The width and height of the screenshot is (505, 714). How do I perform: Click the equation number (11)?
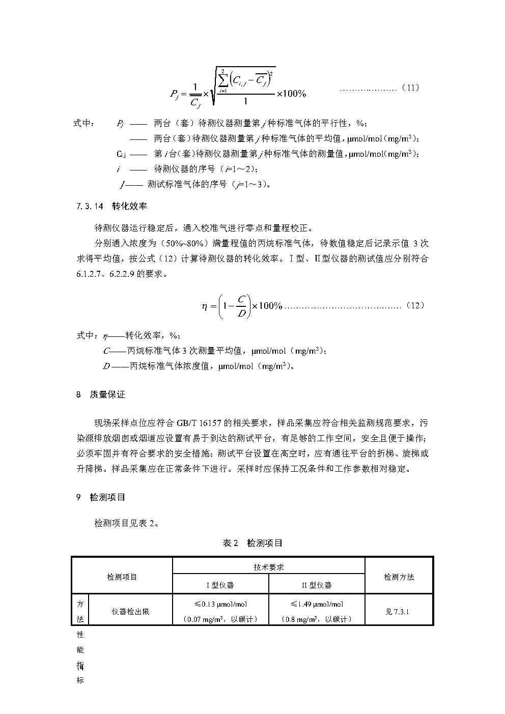click(410, 88)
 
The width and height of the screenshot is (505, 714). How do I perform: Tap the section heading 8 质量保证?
click(100, 394)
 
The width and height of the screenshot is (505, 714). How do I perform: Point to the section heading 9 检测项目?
click(100, 497)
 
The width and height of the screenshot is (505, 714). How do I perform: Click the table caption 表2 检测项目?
click(252, 543)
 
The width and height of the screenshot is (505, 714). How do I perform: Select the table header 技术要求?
click(268, 566)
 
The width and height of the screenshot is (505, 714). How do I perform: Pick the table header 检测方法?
click(399, 577)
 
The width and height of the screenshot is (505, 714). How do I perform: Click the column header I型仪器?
click(220, 585)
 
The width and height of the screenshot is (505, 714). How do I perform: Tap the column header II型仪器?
click(317, 585)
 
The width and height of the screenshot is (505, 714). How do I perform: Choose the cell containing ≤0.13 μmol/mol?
click(220, 604)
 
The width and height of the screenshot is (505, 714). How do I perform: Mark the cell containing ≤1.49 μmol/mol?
click(317, 604)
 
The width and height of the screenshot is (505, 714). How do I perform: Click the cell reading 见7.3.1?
click(397, 612)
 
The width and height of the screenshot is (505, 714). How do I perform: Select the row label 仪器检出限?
click(130, 612)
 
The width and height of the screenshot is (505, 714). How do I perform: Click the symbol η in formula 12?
click(204, 306)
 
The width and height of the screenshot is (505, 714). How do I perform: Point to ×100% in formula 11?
click(291, 94)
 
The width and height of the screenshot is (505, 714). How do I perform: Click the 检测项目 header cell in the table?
click(122, 577)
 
